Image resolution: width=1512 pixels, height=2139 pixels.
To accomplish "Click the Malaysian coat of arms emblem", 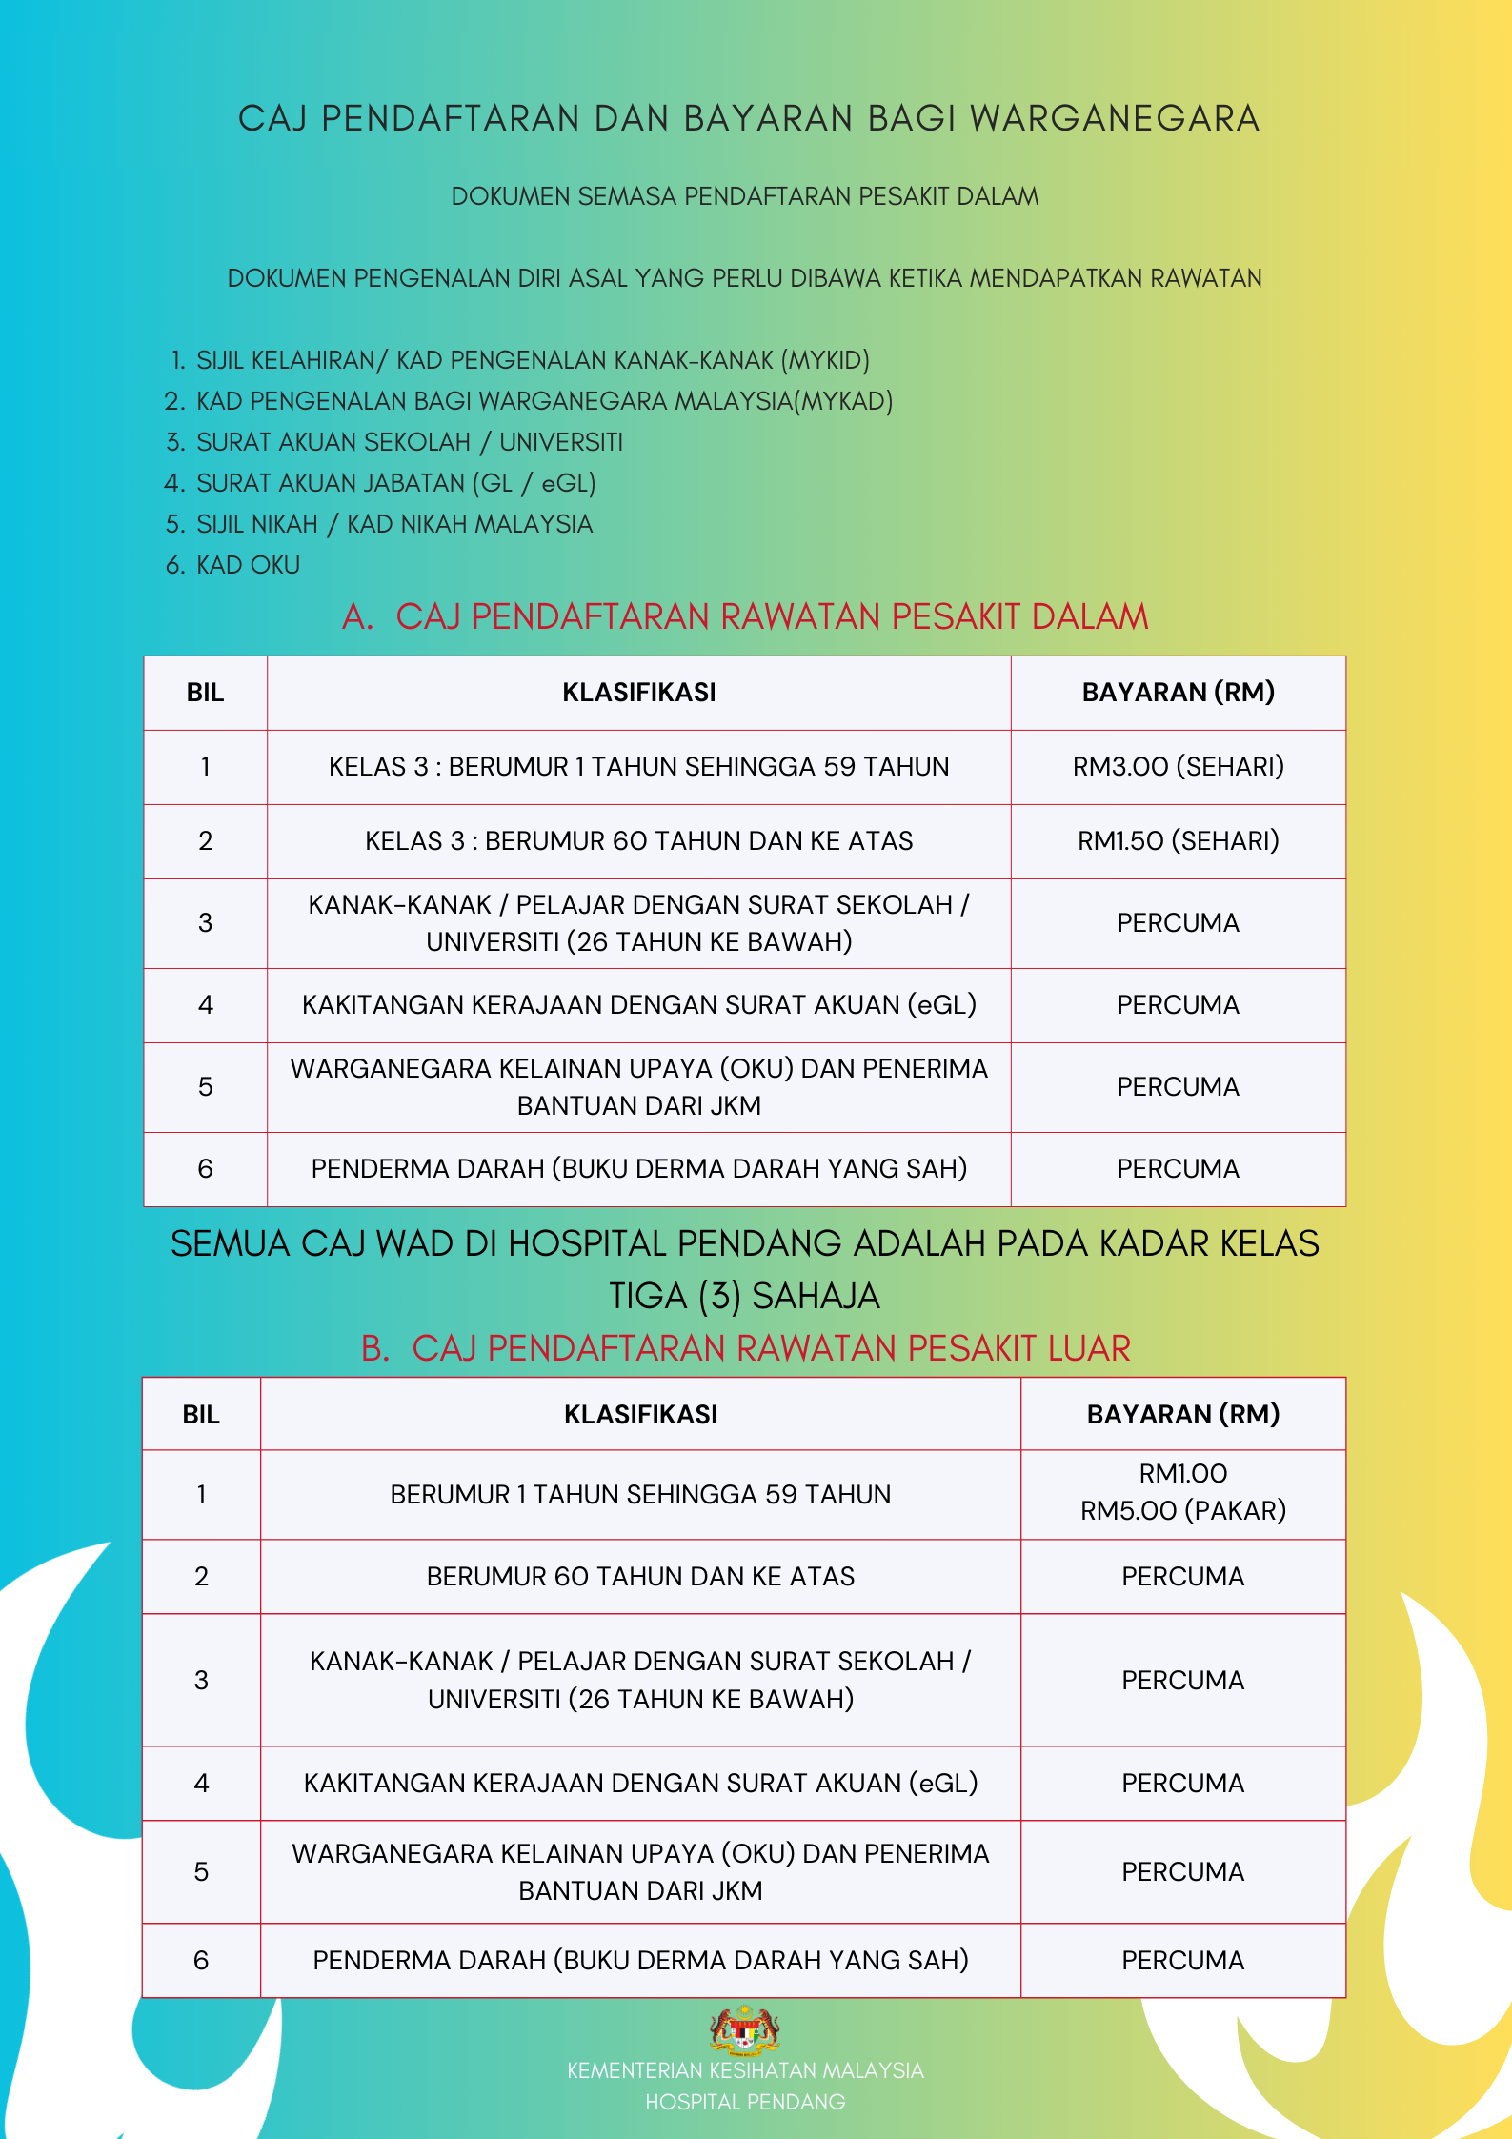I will coord(744,2028).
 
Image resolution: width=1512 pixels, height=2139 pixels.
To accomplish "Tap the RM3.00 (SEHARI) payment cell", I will coord(1178,767).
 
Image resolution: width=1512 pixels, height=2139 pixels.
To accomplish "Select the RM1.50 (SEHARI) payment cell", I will coord(1178,841).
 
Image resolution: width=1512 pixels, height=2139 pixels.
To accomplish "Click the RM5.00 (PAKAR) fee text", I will coord(1182,1511).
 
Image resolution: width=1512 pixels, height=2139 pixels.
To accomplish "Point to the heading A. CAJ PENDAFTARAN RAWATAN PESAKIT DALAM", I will coord(745,617).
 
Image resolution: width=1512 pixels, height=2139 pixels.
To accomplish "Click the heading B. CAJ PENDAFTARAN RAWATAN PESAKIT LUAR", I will coord(745,1349).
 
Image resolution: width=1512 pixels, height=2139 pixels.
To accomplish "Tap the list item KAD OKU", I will coord(248,566).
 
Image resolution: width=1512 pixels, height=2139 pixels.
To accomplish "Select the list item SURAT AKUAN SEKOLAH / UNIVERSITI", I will coord(409,443).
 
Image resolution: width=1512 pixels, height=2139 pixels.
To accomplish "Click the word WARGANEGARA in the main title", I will coord(1115,119).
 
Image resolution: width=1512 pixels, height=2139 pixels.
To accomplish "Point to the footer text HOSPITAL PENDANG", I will coord(745,2102).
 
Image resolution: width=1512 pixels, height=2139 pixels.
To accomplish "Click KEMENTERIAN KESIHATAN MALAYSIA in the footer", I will coord(745,2070).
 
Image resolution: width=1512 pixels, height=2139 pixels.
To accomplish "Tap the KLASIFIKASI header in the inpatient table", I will coord(638,693).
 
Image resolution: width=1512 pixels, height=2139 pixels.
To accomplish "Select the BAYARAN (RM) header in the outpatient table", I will coord(1182,1415).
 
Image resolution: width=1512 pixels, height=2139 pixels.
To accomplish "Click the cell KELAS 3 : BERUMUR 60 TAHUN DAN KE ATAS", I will coord(638,841).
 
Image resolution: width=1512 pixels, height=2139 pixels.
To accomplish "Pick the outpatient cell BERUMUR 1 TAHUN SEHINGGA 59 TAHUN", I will coord(640,1495).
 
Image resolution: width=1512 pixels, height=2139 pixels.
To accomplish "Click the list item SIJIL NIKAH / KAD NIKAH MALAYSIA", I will coord(393,525).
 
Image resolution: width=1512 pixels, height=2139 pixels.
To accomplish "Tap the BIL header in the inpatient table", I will coord(205,693).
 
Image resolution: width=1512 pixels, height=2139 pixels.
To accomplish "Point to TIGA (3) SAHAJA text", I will coord(745,1297).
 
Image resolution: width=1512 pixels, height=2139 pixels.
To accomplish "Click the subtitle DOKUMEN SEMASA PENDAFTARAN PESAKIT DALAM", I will coord(745,197).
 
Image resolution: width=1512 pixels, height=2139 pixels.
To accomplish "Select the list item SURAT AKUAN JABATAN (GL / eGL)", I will coord(395,484).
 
